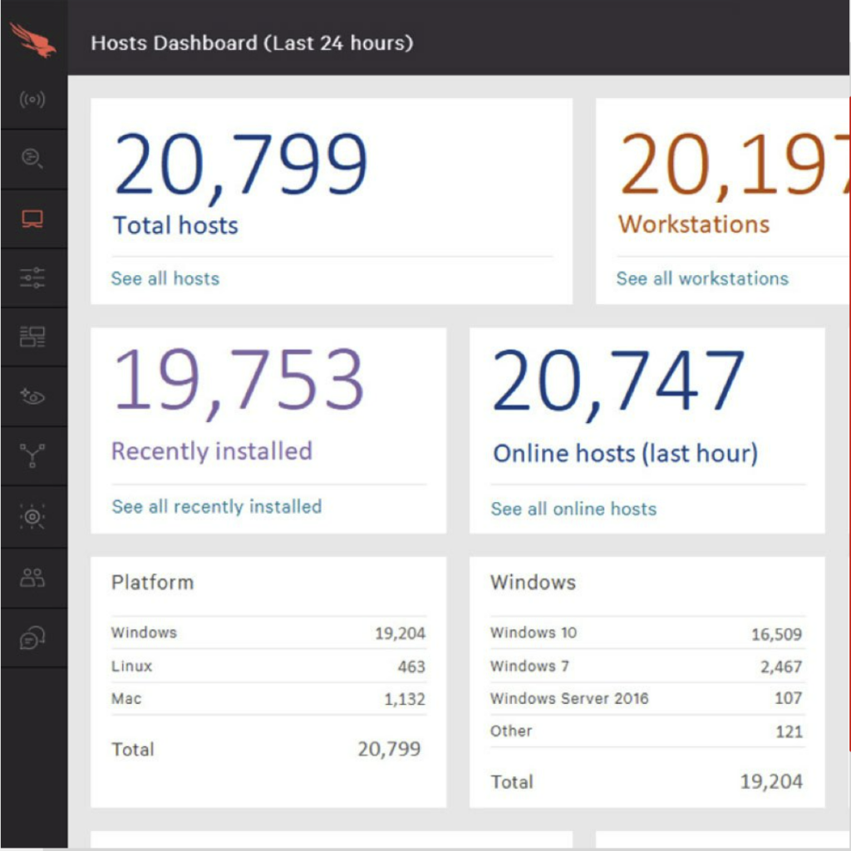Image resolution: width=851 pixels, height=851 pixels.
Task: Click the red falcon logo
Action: click(x=33, y=40)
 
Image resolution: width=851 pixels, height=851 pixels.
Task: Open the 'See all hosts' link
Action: click(x=165, y=278)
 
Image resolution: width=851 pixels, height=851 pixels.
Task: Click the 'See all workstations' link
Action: click(x=702, y=278)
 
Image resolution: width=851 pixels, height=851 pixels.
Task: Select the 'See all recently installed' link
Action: click(x=217, y=506)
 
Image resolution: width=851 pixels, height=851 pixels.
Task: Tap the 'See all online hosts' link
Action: click(x=573, y=509)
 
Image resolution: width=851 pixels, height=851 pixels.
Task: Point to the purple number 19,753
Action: click(x=239, y=381)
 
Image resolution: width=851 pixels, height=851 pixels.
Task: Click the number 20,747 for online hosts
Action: click(x=618, y=382)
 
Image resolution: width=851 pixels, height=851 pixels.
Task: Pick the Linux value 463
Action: click(x=411, y=667)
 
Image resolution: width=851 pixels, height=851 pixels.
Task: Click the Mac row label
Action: click(x=126, y=699)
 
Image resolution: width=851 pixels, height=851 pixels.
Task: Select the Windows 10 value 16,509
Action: click(x=776, y=634)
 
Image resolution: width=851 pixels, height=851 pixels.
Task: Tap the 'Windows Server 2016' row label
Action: click(x=569, y=698)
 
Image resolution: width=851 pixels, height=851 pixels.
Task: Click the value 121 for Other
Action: click(x=789, y=731)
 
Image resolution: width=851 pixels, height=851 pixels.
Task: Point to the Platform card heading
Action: click(x=153, y=582)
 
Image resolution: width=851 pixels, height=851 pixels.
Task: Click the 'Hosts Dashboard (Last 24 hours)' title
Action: click(x=252, y=43)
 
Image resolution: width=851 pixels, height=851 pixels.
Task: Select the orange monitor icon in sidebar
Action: click(x=32, y=219)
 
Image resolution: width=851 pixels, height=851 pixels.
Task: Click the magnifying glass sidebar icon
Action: click(x=32, y=159)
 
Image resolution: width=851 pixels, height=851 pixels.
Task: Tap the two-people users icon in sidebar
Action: click(x=32, y=578)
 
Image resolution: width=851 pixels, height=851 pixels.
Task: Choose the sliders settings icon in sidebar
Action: click(x=32, y=278)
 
